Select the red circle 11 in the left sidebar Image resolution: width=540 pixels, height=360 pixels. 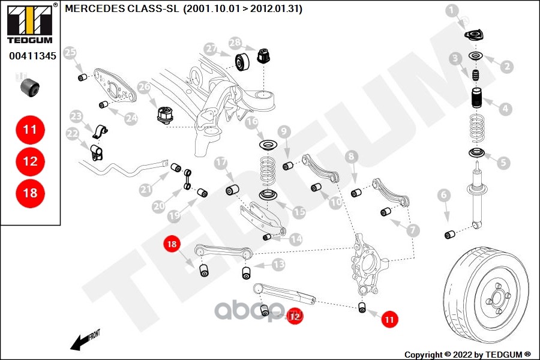(30, 129)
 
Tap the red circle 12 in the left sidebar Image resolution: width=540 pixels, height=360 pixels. (30, 161)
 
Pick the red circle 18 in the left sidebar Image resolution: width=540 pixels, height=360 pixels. (30, 193)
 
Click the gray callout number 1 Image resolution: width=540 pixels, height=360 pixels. (452, 10)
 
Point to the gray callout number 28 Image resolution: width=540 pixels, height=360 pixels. (235, 43)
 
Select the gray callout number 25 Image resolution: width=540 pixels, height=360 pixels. (70, 53)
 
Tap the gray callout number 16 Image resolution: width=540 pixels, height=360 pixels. (252, 122)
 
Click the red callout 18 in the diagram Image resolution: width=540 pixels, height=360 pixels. (172, 244)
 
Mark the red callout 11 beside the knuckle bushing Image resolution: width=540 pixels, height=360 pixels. (389, 320)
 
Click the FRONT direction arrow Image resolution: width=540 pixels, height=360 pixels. (84, 341)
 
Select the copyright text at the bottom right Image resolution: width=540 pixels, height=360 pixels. (467, 354)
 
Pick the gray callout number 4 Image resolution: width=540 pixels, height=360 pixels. (505, 109)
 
